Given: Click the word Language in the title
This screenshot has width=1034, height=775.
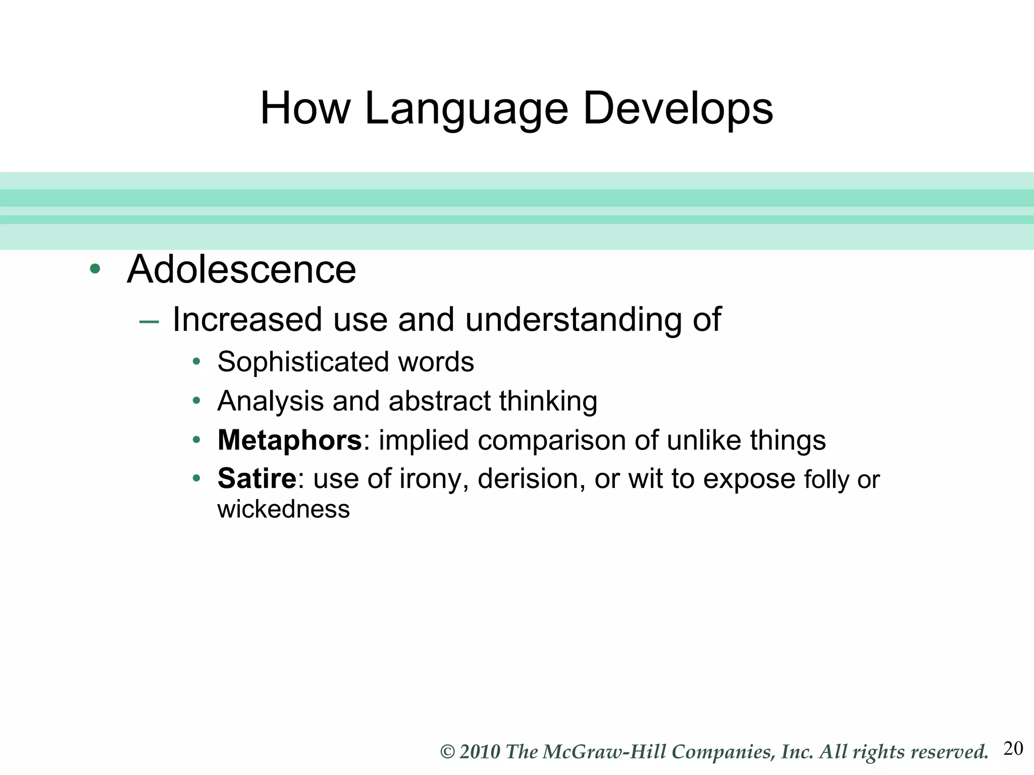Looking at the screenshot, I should click(466, 109).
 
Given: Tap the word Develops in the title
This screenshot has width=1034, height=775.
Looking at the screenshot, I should click(678, 109).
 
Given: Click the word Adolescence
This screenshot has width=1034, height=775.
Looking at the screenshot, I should click(241, 269).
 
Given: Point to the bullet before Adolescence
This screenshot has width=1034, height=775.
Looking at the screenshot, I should click(94, 268).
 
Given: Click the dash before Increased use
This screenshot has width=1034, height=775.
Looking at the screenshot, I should click(149, 321).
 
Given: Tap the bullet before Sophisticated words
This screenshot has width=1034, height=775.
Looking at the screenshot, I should click(196, 362).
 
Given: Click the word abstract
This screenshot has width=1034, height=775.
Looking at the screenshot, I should click(439, 401).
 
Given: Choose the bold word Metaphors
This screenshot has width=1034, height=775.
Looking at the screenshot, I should click(289, 440).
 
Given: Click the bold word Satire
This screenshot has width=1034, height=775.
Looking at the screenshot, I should click(256, 478).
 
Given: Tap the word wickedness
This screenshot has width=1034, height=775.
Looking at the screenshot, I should click(283, 509).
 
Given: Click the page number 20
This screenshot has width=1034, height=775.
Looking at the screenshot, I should click(1013, 748).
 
